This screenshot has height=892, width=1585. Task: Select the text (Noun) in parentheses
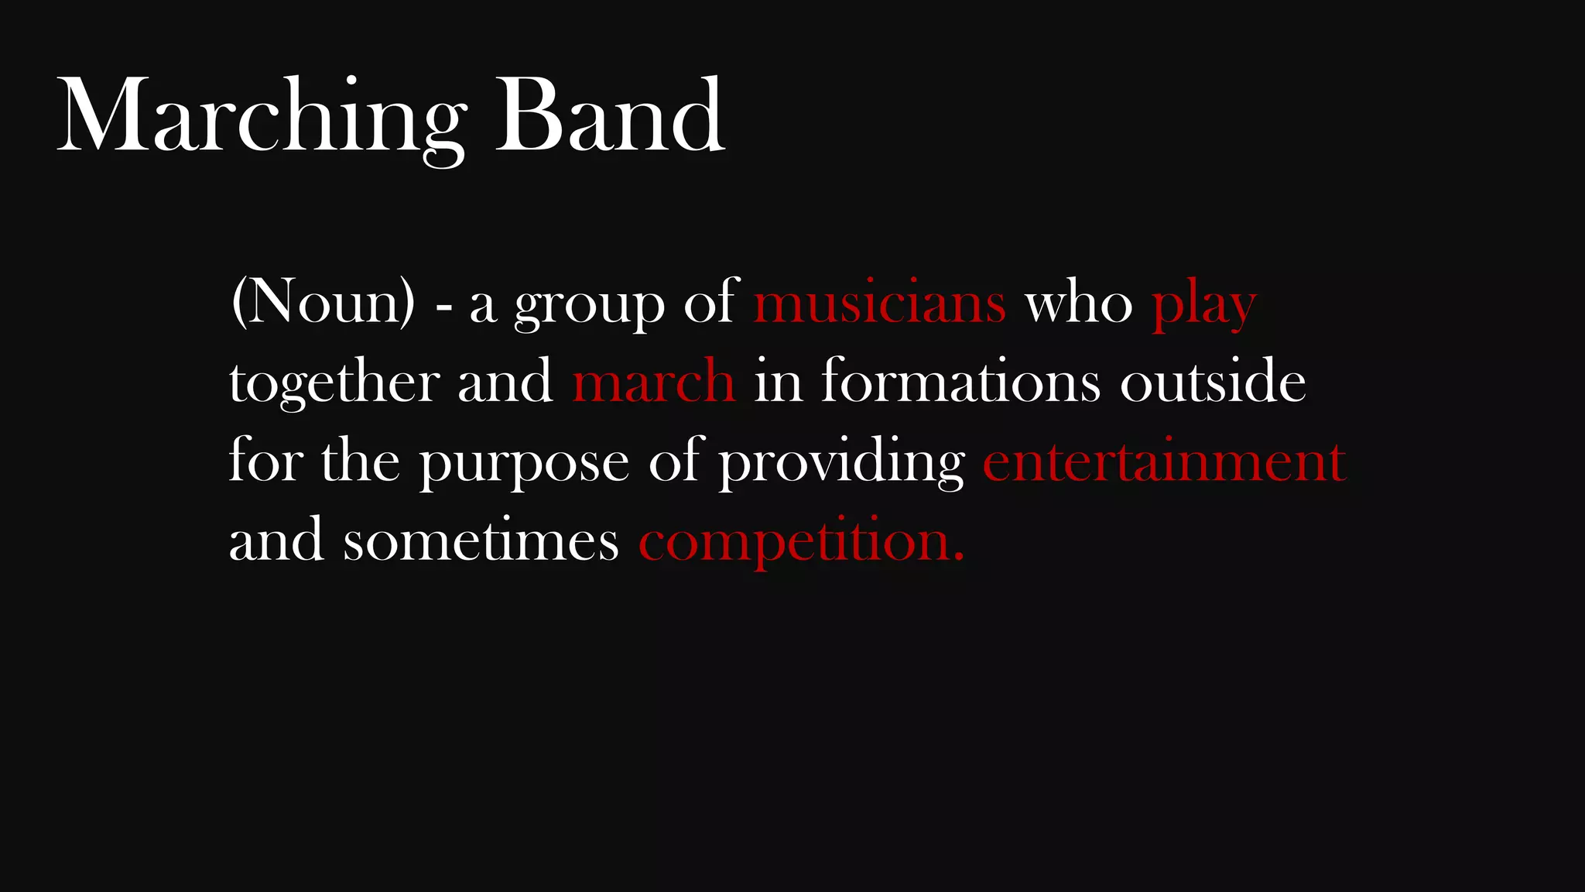[x=323, y=302]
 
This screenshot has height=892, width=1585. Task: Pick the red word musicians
[x=880, y=302]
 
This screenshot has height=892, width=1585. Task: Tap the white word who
[x=1079, y=304]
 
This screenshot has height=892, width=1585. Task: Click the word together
[x=335, y=382]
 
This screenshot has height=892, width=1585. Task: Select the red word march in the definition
[x=653, y=382]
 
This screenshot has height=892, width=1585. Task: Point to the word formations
[x=960, y=382]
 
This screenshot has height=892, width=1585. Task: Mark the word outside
[x=1213, y=382]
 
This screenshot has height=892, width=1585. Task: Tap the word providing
[x=842, y=463]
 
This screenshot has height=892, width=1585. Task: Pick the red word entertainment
[x=1164, y=461]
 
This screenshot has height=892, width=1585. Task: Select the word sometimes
[x=481, y=540]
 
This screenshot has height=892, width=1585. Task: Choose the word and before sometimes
[x=276, y=540]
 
